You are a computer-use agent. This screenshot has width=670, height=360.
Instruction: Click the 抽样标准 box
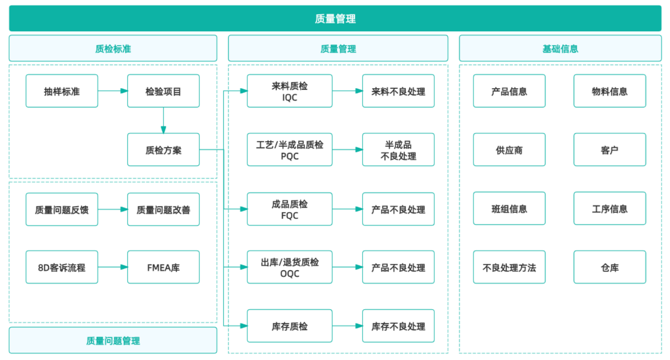[62, 91]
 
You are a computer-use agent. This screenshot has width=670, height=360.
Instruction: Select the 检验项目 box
[163, 91]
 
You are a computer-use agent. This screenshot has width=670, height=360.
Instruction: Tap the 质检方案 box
[163, 150]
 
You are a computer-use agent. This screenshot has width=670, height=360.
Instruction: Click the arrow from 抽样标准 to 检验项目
[112, 91]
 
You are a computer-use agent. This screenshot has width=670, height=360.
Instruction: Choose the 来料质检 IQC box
[289, 91]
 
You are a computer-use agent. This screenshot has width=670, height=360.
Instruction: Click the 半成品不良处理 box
[398, 150]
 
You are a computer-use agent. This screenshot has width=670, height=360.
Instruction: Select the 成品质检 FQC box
[289, 209]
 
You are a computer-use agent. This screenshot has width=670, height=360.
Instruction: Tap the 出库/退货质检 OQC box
[289, 267]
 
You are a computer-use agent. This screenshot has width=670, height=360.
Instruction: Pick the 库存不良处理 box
[398, 326]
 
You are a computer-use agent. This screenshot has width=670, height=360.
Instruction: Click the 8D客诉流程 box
[62, 267]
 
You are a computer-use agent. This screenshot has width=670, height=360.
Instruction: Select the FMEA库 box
[163, 267]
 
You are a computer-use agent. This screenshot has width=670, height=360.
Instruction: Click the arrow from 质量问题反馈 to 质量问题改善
[112, 209]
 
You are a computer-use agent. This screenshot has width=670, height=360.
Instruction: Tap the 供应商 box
[509, 150]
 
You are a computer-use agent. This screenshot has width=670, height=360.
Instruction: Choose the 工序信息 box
[610, 209]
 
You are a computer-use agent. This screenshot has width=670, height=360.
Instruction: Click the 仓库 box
[610, 267]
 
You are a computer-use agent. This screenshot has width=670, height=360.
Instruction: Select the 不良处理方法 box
[509, 267]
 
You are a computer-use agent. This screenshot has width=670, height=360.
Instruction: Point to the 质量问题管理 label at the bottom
[113, 340]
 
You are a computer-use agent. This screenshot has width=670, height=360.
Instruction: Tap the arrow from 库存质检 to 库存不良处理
[347, 326]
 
